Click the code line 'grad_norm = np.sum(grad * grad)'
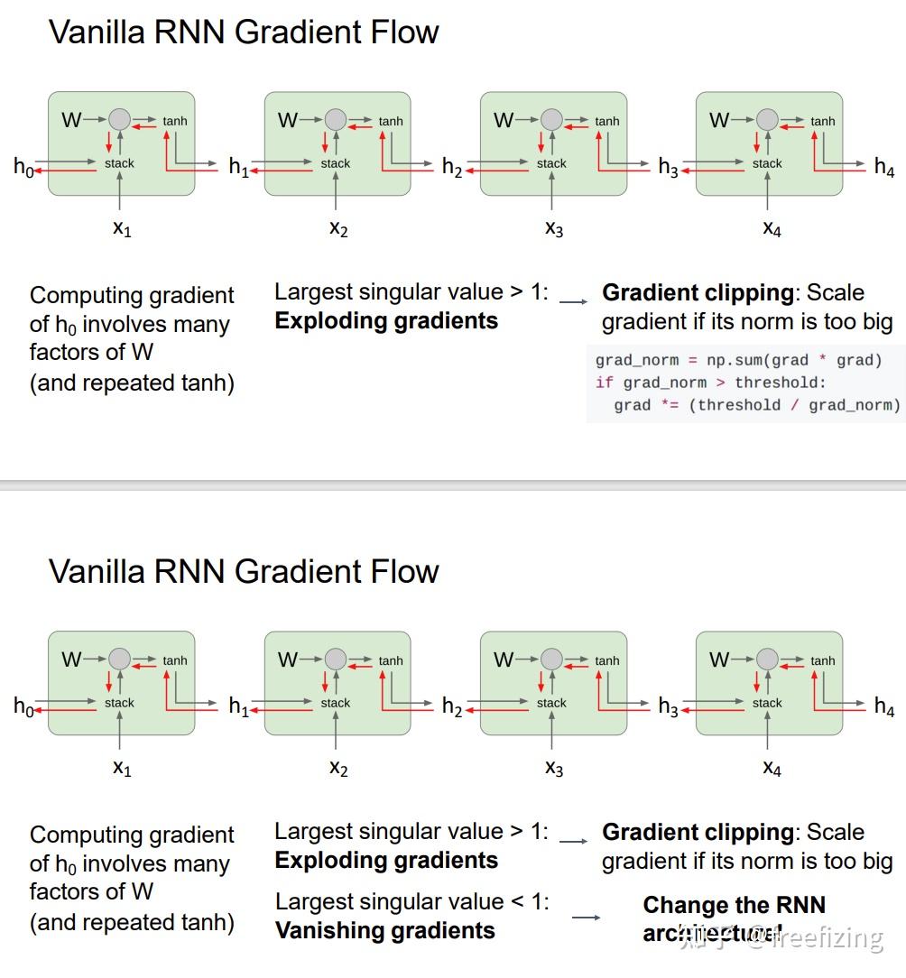738,360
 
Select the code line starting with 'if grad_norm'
710,383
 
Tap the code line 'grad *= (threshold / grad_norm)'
756,405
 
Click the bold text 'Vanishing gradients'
385,930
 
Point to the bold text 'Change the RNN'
734,905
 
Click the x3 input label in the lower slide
554,768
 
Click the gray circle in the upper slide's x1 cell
119,119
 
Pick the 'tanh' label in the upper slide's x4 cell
822,121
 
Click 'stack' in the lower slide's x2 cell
335,703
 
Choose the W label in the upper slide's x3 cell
504,120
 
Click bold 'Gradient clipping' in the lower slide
698,832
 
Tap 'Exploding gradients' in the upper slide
386,320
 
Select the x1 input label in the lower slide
122,768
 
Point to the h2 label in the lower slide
451,706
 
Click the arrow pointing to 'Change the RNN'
587,918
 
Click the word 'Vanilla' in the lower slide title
100,571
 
